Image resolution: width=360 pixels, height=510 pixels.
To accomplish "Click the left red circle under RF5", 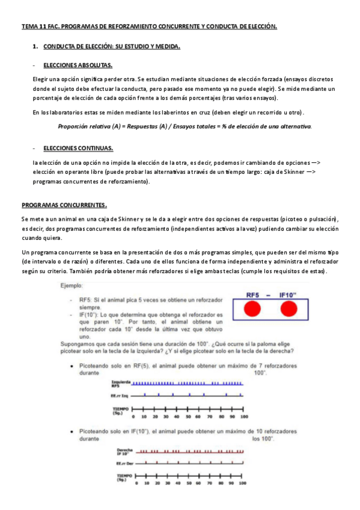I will (x=254, y=309).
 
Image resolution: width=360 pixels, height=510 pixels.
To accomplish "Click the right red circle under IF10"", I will (x=289, y=309).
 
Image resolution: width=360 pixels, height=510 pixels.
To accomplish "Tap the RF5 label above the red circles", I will (x=255, y=295).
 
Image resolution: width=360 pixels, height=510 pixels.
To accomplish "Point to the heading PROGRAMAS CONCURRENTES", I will (x=64, y=204).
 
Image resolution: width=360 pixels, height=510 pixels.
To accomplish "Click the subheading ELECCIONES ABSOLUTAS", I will (x=78, y=65).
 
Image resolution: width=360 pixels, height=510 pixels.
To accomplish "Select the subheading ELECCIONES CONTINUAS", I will (x=78, y=148).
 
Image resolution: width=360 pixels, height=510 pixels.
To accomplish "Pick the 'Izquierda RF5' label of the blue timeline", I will (x=121, y=383).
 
